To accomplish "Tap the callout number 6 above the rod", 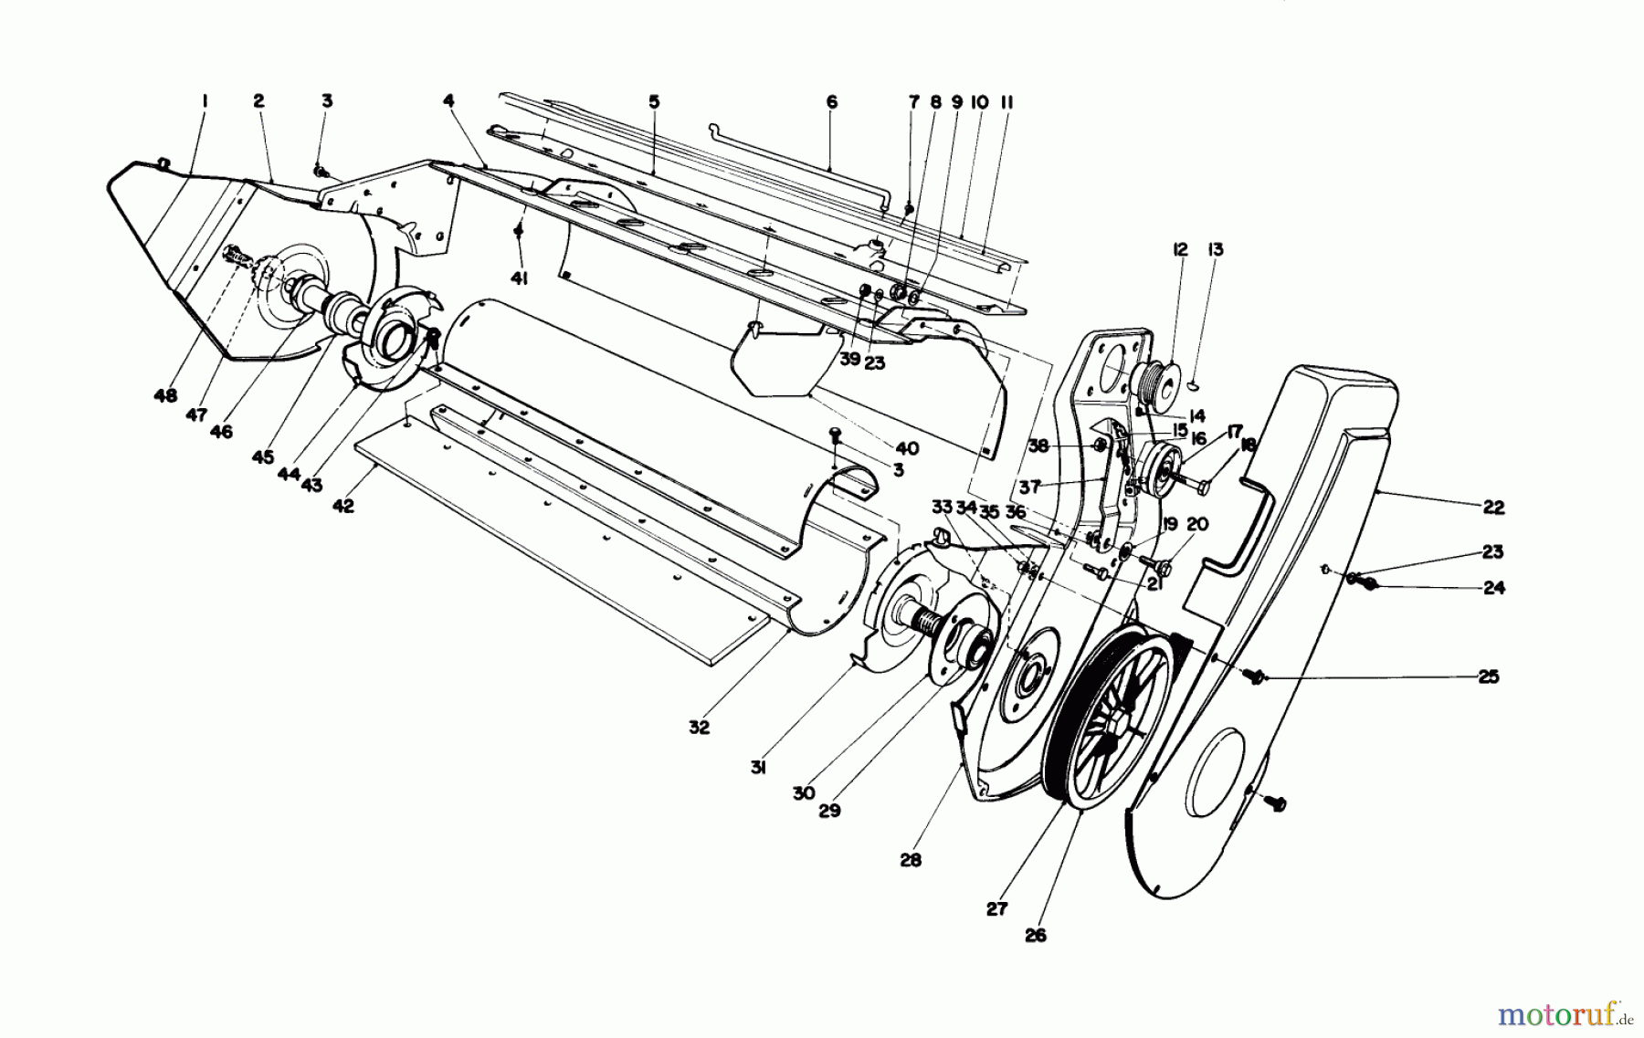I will tap(831, 103).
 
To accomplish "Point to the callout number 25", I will tap(1488, 677).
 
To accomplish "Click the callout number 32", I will tap(699, 729).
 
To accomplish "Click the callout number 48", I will tap(166, 396).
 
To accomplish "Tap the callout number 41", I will tap(519, 278).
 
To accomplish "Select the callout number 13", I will tap(1216, 250).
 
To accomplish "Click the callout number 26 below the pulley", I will tap(1035, 935).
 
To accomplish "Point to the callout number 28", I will tap(911, 859).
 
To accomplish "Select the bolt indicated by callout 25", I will tap(1254, 676).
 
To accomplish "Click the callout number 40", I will tap(907, 448).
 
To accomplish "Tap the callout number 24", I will tap(1493, 588).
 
